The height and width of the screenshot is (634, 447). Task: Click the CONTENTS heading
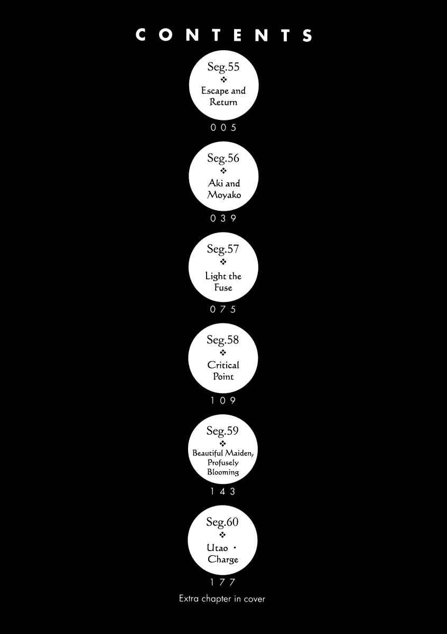click(224, 35)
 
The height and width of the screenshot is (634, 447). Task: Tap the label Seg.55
click(224, 67)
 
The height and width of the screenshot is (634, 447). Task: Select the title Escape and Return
click(224, 96)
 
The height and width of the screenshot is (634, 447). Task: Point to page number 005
click(224, 128)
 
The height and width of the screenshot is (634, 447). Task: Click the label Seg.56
click(223, 158)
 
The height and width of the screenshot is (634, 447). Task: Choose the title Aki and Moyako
click(224, 189)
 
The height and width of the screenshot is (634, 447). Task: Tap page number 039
click(223, 218)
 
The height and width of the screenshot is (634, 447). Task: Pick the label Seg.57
click(223, 249)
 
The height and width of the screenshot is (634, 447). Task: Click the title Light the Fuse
click(223, 282)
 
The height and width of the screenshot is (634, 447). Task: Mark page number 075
click(223, 310)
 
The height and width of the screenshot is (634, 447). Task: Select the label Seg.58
click(222, 340)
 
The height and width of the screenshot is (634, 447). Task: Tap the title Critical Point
click(223, 371)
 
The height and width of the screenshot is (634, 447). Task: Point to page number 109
click(223, 400)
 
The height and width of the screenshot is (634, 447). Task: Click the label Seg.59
click(222, 431)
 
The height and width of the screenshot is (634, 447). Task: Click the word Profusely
click(223, 463)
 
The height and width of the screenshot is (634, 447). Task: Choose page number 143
click(223, 491)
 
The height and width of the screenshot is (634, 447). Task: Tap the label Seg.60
click(222, 522)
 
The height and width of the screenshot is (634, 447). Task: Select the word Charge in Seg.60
click(223, 560)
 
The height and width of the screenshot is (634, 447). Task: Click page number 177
click(222, 582)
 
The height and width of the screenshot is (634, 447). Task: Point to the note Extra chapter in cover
click(222, 599)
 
